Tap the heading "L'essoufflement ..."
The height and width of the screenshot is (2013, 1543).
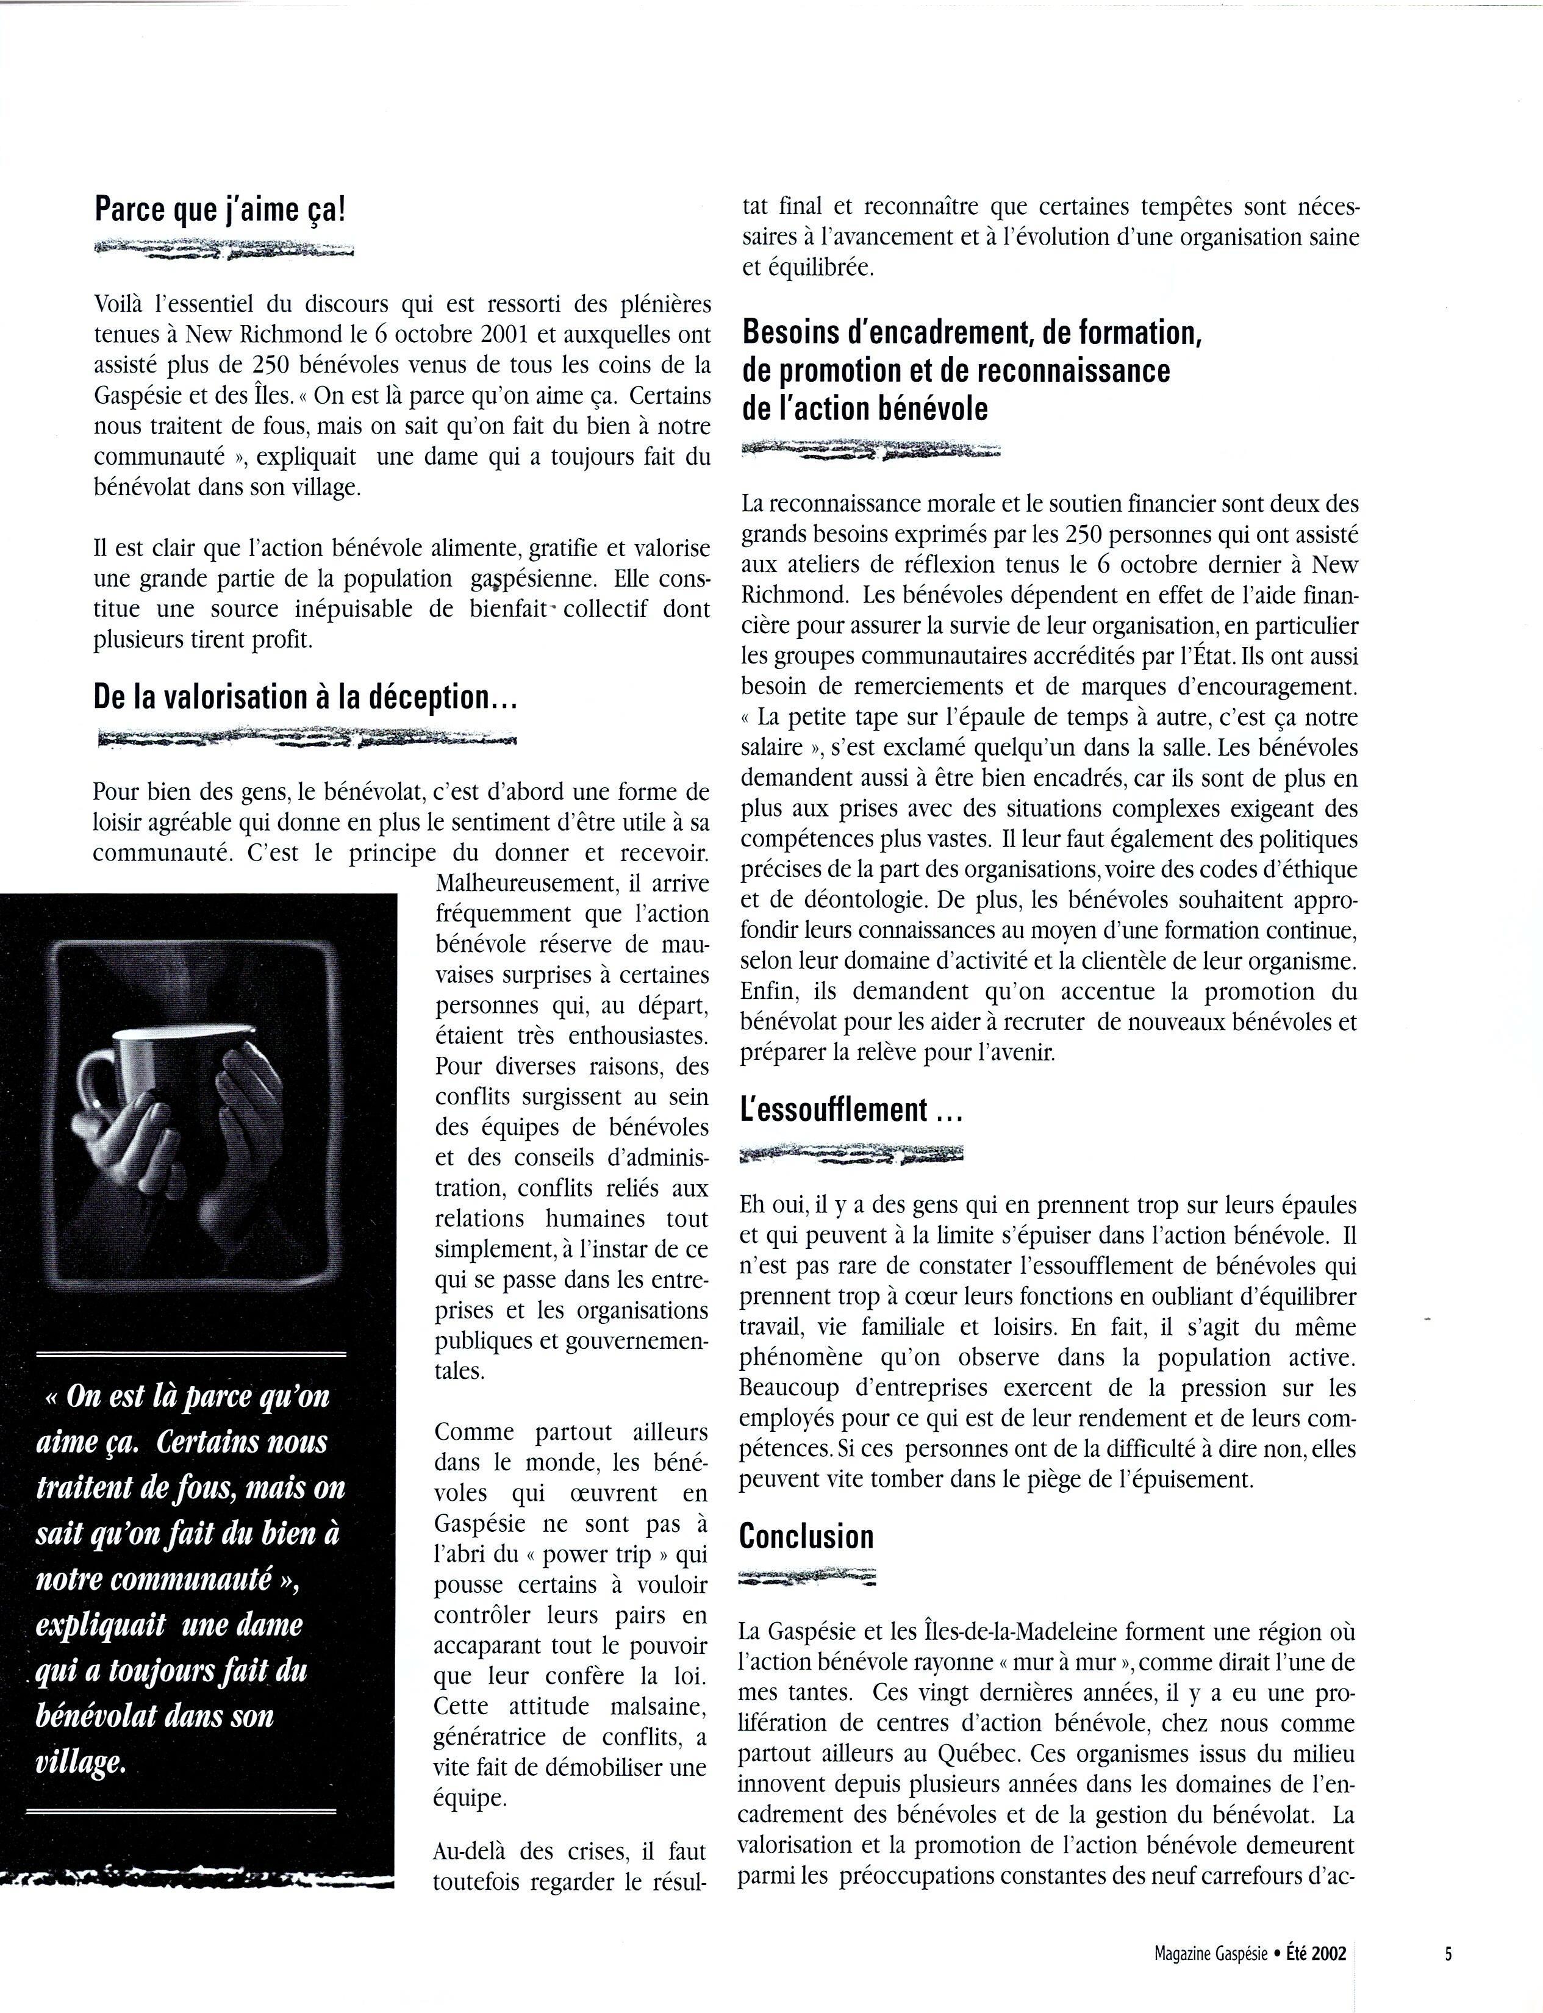point(851,1110)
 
